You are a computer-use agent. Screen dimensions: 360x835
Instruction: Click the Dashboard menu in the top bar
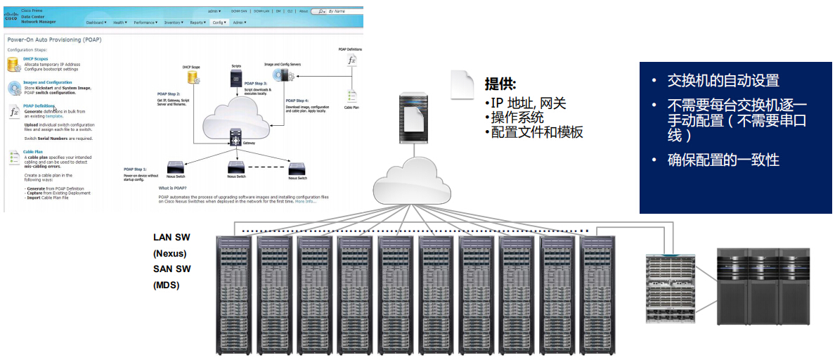96,22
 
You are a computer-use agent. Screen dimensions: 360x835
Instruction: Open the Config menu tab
219,22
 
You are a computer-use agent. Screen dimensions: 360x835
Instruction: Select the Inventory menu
174,22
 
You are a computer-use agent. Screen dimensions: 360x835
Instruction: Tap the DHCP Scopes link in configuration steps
37,59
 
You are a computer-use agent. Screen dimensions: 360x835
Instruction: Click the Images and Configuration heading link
47,82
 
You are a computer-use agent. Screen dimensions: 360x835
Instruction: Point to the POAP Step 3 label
256,84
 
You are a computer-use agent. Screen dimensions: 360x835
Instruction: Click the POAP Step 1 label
136,169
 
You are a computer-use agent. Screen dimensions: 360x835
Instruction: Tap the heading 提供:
500,84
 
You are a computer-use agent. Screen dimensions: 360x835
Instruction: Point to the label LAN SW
171,238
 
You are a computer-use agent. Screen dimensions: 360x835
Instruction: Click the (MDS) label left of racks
166,285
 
